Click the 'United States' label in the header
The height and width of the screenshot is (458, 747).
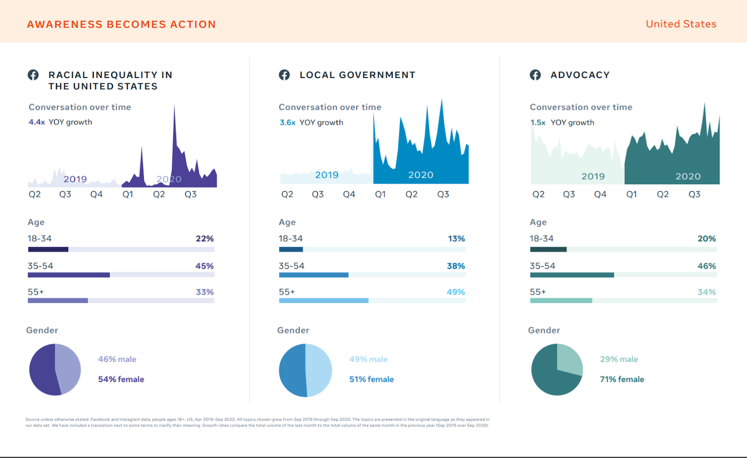point(681,24)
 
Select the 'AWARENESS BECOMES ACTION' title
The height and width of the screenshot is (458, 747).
point(121,24)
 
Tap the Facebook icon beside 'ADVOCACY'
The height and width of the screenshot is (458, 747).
point(535,75)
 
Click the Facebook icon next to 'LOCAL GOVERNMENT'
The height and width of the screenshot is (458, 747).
point(284,75)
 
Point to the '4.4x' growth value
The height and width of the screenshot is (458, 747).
point(36,122)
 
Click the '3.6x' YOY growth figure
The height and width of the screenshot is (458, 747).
point(287,122)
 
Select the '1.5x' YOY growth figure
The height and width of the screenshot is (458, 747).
point(538,122)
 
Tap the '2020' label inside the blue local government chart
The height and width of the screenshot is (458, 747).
point(421,175)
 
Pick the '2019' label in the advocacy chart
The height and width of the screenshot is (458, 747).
point(593,176)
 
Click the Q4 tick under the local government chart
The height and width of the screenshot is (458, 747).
point(349,194)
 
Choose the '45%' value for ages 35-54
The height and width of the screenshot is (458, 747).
point(204,266)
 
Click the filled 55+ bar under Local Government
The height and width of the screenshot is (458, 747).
point(324,301)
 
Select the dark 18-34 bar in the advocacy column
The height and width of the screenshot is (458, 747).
point(548,250)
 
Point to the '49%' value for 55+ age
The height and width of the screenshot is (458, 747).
point(456,292)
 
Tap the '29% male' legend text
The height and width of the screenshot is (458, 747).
point(619,359)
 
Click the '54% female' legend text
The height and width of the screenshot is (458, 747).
point(121,379)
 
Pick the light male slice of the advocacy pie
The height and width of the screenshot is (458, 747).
point(570,358)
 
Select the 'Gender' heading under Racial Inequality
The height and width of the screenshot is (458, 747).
point(42,330)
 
